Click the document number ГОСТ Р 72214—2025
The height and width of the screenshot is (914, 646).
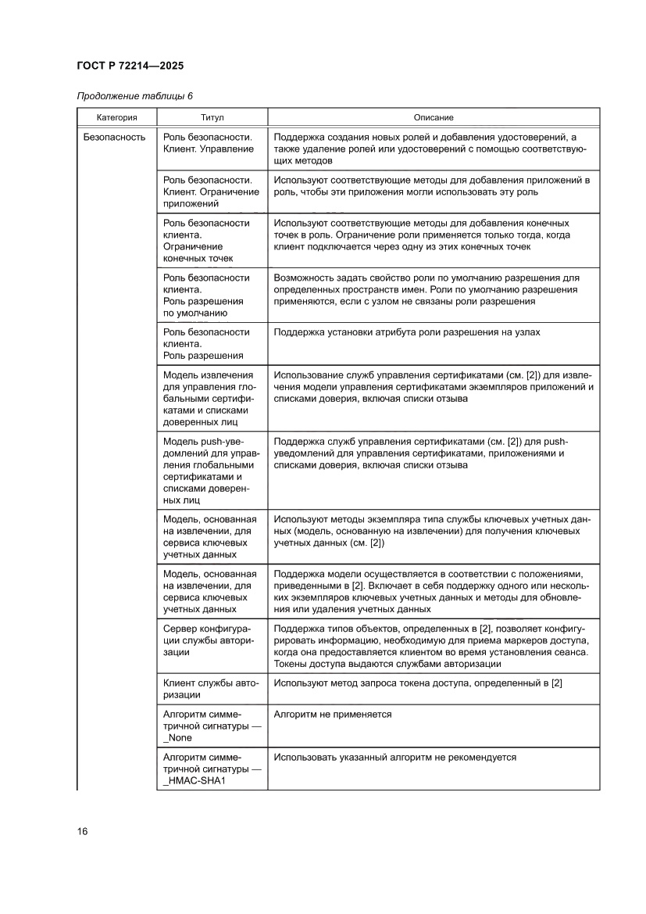(x=130, y=66)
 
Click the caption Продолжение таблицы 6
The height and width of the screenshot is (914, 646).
(x=134, y=95)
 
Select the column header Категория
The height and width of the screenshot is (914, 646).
(x=116, y=117)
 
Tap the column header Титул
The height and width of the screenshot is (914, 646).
(x=212, y=117)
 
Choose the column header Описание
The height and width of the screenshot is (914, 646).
(x=434, y=117)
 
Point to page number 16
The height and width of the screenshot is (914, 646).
(x=82, y=830)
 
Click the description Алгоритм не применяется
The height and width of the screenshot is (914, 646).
(x=333, y=715)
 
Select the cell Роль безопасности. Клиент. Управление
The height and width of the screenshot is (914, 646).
(x=208, y=142)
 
